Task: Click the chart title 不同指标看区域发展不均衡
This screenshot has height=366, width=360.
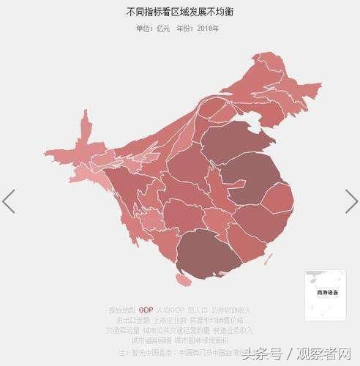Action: pos(179,12)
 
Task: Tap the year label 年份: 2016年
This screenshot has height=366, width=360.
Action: pos(197,29)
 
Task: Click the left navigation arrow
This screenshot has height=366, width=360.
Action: pos(9,201)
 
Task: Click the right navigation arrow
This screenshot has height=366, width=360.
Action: pos(351,201)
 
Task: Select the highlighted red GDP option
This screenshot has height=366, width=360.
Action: pos(146,310)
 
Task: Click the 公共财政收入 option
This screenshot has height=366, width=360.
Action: pos(231,310)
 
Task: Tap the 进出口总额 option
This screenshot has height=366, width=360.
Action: pos(132,321)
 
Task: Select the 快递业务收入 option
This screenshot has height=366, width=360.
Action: pos(235,330)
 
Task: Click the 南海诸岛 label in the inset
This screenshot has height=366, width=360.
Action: pos(322,292)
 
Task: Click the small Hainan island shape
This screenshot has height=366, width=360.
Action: pos(182,280)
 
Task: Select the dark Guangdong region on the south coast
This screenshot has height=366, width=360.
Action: pos(209,253)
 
